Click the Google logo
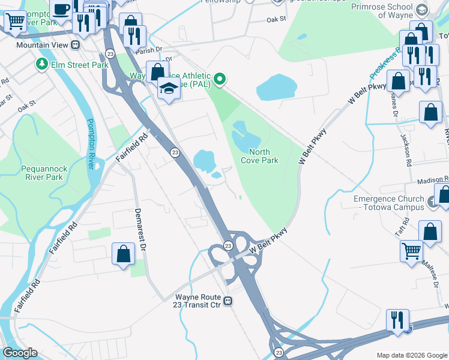click(20, 353)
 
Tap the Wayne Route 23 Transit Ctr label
click(199, 301)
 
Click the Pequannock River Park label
click(42, 173)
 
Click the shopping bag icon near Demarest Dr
click(123, 253)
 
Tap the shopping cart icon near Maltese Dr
click(411, 251)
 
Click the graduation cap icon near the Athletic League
click(169, 89)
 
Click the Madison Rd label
click(432, 179)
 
